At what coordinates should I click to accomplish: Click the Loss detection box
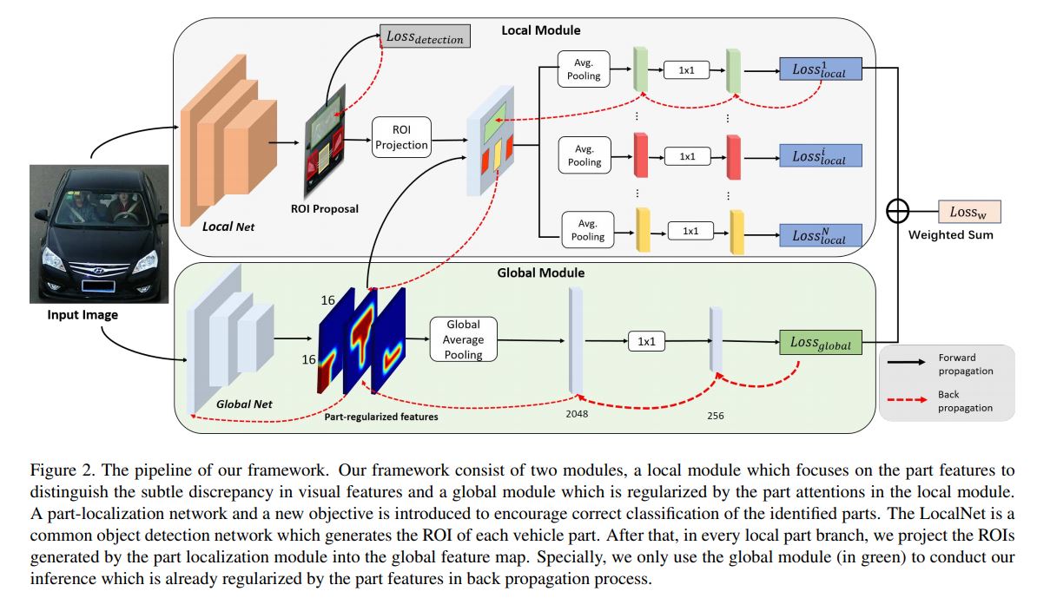click(x=425, y=38)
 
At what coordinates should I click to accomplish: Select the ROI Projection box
click(x=401, y=138)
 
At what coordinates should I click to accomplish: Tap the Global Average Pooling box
click(x=463, y=339)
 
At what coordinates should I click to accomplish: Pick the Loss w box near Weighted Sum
click(x=969, y=212)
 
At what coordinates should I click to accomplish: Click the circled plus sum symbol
click(x=897, y=212)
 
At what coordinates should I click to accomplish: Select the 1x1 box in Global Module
click(x=646, y=342)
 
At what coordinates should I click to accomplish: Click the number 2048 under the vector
click(x=577, y=414)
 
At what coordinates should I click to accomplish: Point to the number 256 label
click(x=715, y=416)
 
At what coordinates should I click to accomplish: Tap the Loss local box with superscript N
click(x=820, y=235)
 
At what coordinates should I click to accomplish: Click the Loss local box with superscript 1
click(x=820, y=69)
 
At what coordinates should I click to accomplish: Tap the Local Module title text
click(x=540, y=30)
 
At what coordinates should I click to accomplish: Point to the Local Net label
click(x=229, y=227)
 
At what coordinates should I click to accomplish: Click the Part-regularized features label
click(x=380, y=417)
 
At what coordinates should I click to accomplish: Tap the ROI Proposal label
click(x=325, y=209)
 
